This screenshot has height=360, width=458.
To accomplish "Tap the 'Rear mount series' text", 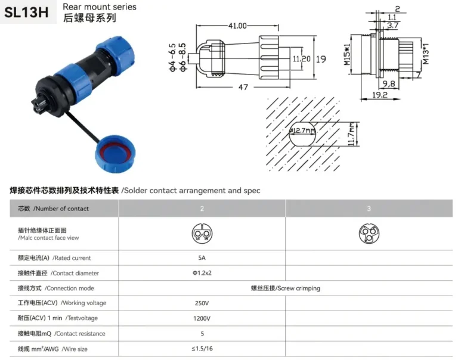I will [99, 7].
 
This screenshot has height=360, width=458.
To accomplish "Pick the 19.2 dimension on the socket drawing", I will [380, 94].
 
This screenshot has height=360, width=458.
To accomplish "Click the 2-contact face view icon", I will [202, 233].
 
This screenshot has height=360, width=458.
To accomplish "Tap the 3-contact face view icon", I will [369, 233].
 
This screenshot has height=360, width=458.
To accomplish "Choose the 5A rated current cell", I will [202, 258].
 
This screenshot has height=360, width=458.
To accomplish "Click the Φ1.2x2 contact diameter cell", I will [202, 273].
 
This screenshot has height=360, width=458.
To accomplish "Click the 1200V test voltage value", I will [202, 318].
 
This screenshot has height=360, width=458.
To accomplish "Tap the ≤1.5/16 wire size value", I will [202, 349].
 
